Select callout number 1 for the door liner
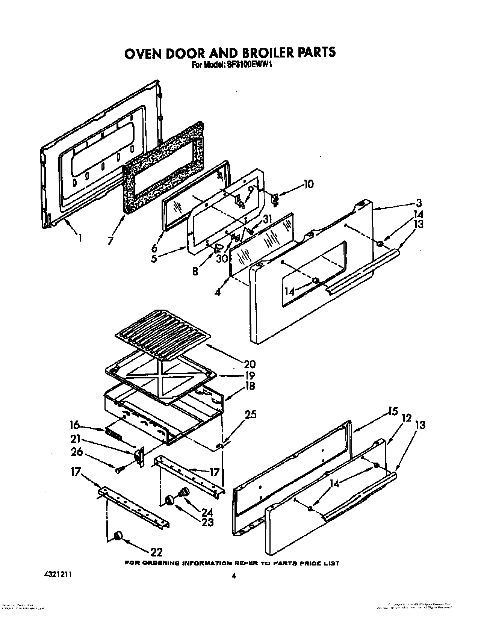click(x=79, y=237)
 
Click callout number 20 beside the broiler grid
click(x=250, y=364)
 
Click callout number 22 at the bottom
click(x=156, y=552)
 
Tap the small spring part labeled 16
click(x=113, y=434)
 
